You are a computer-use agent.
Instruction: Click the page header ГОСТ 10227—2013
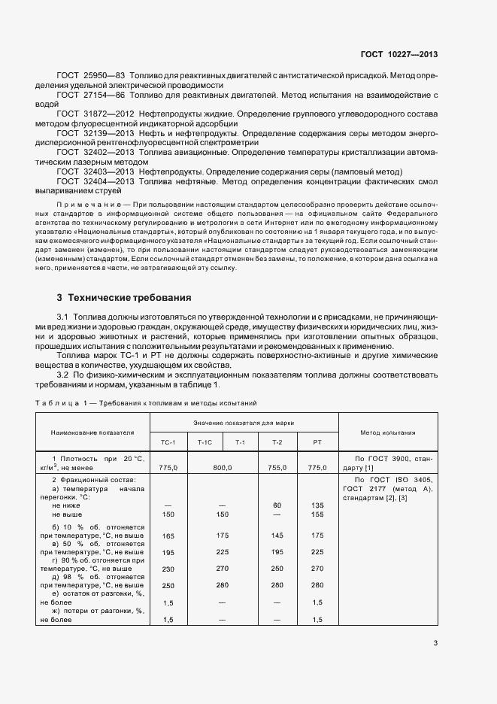point(399,54)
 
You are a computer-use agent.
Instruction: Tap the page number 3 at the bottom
point(435,642)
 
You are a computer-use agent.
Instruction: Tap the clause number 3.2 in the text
point(62,374)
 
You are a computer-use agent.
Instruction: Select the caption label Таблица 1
point(61,404)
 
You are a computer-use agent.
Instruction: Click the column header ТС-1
point(168,442)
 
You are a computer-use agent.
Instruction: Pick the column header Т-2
point(277,442)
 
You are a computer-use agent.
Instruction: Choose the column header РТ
point(317,442)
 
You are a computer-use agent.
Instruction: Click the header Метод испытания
point(388,432)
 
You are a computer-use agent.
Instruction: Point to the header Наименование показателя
point(92,432)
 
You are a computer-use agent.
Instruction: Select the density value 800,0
point(222,467)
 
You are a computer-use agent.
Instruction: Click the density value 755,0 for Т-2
point(277,467)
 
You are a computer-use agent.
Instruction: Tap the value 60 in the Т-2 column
point(277,505)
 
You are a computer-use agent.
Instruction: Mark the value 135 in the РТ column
point(317,505)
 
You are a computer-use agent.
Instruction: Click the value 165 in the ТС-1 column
point(168,536)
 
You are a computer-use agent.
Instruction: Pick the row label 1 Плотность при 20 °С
point(98,458)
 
